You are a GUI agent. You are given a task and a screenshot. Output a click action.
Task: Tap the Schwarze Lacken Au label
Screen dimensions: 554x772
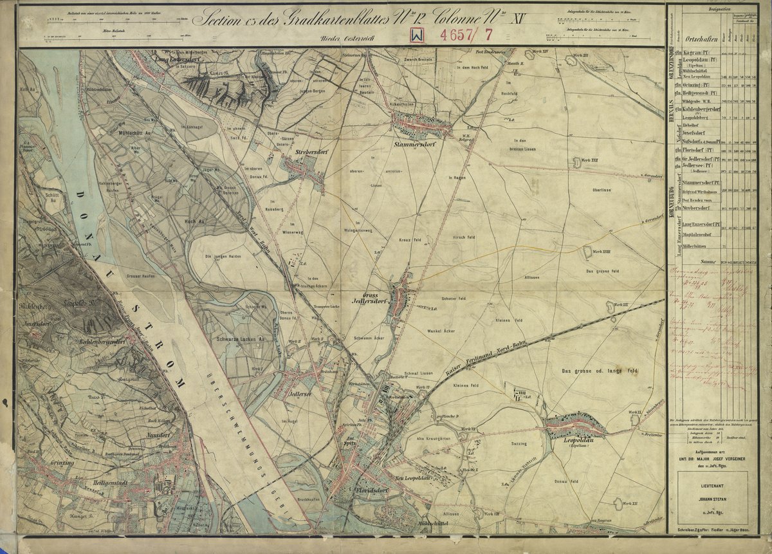point(240,338)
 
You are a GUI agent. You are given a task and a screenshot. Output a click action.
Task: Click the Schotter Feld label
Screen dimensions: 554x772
point(455,299)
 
